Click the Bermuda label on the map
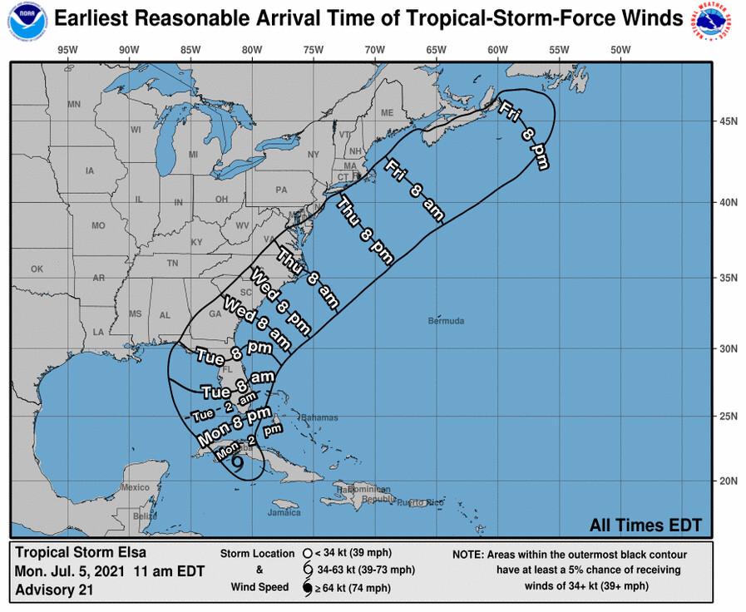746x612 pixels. (x=447, y=321)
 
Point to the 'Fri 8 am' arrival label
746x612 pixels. (x=414, y=190)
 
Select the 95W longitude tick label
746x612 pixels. (x=67, y=49)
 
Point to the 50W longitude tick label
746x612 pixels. (x=620, y=49)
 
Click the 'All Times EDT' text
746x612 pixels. (x=645, y=525)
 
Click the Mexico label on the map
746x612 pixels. (x=133, y=487)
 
